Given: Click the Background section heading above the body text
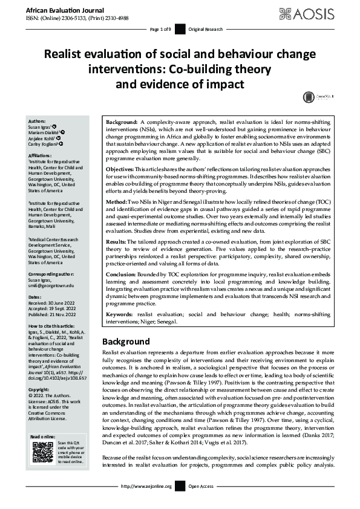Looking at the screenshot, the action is tap(126, 342).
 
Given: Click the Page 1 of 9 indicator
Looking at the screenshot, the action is tap(160, 29).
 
